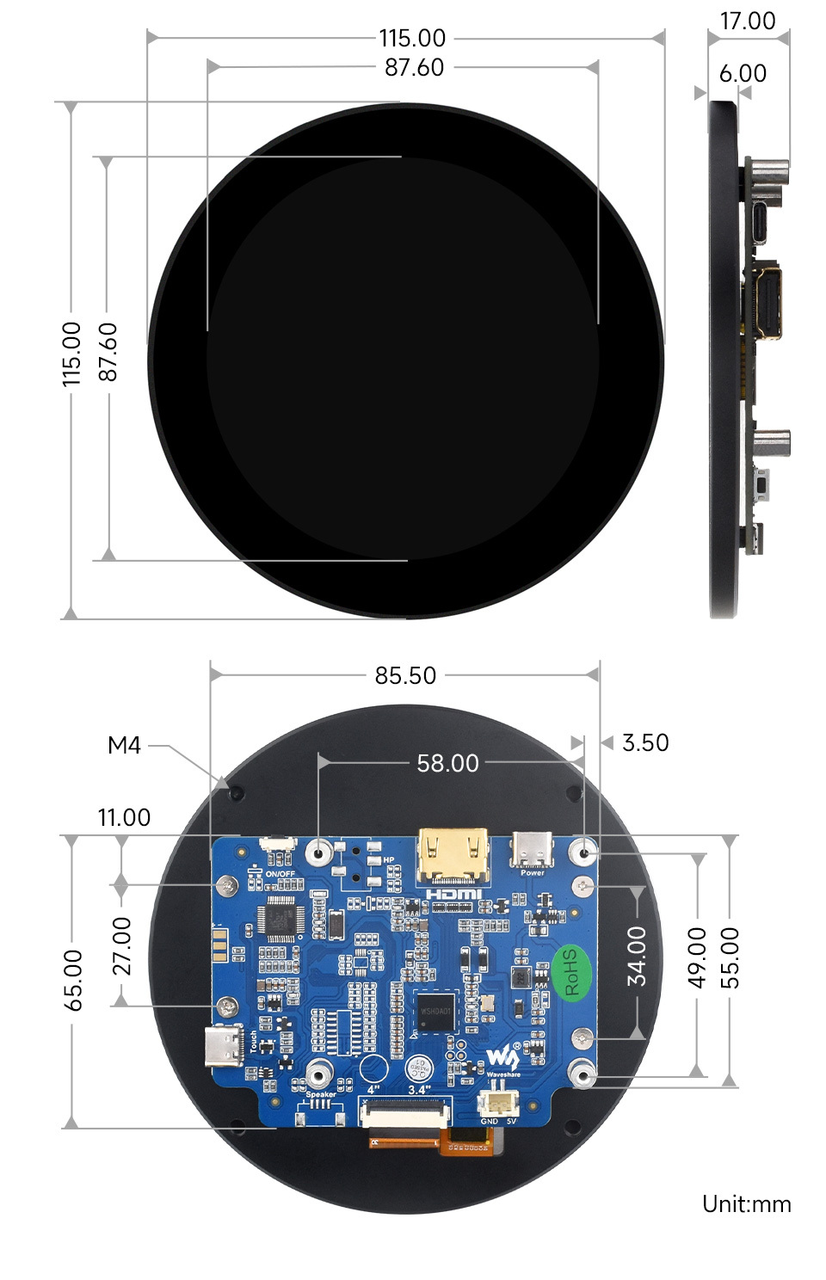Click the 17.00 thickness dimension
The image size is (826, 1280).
[747, 21]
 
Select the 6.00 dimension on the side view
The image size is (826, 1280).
[743, 73]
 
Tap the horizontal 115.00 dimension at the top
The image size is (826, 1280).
[412, 38]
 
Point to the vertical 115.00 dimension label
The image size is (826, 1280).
[71, 354]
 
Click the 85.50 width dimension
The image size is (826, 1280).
[405, 675]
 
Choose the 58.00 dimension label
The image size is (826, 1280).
[447, 763]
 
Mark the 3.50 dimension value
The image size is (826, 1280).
[644, 742]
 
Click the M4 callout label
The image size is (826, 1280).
[124, 745]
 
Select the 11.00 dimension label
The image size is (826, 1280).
[124, 817]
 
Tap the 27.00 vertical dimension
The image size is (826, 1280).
[122, 945]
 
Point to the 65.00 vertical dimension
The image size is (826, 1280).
[73, 980]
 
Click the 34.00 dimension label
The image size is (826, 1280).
[636, 956]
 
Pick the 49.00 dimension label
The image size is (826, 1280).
[697, 957]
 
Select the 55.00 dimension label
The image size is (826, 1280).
[729, 957]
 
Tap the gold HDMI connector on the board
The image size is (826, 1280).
[453, 856]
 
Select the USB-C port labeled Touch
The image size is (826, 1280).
[225, 1047]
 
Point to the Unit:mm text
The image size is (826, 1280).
[746, 1203]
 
